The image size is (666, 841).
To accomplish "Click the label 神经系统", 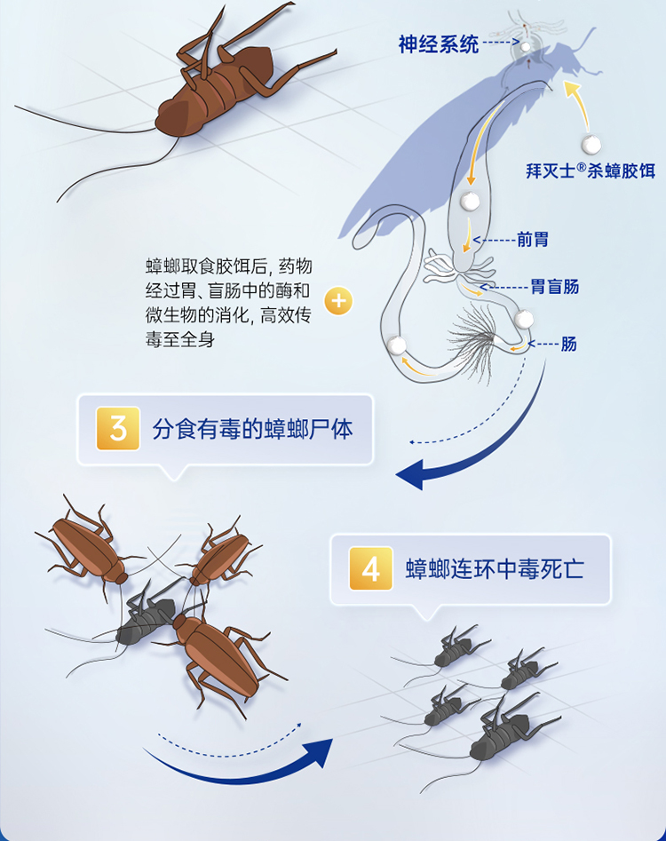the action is (x=438, y=44).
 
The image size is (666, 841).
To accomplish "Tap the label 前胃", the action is (x=533, y=239).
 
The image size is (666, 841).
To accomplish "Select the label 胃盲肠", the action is (x=554, y=287).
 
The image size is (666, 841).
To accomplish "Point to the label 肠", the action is (x=568, y=344).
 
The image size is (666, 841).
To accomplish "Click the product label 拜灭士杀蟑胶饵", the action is (x=591, y=171).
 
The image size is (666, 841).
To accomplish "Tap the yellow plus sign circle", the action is (x=338, y=301).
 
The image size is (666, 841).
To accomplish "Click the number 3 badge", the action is (x=118, y=429).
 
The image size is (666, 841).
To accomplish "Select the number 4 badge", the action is (x=371, y=568).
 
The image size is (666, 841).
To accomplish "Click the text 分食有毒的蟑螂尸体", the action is (x=252, y=430).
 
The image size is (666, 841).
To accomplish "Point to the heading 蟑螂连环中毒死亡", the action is (x=495, y=569).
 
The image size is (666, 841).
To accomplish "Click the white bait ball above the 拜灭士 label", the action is (x=591, y=144).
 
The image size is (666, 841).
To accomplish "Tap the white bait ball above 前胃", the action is (x=471, y=201).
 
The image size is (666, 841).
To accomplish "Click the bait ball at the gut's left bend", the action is (x=397, y=345).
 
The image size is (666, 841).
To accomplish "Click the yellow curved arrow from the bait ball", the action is (x=581, y=105).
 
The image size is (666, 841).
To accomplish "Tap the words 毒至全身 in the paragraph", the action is (x=180, y=339).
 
